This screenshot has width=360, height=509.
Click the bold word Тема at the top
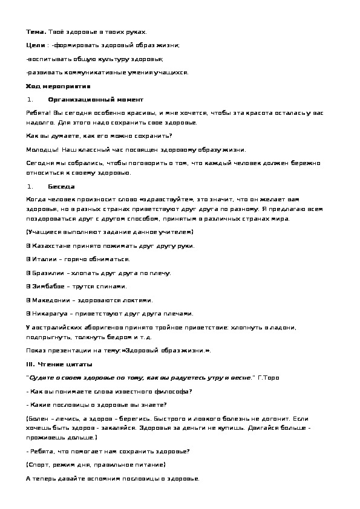point(36,31)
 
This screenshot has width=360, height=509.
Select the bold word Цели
point(35,45)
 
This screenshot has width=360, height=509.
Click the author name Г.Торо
point(270,377)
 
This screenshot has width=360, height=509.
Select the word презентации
point(71,351)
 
